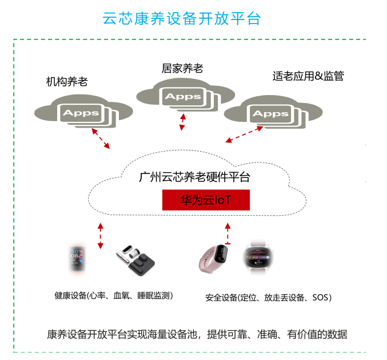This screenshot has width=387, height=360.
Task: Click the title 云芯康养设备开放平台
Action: (181, 18)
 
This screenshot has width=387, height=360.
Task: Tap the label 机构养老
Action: (67, 81)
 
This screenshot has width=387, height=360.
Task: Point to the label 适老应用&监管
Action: (308, 76)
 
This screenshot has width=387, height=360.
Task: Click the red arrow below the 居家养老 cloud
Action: (182, 121)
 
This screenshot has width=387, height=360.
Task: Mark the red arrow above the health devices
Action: (101, 235)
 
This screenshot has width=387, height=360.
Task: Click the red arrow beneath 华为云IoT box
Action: (228, 232)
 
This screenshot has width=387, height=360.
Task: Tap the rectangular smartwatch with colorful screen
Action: (77, 258)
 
